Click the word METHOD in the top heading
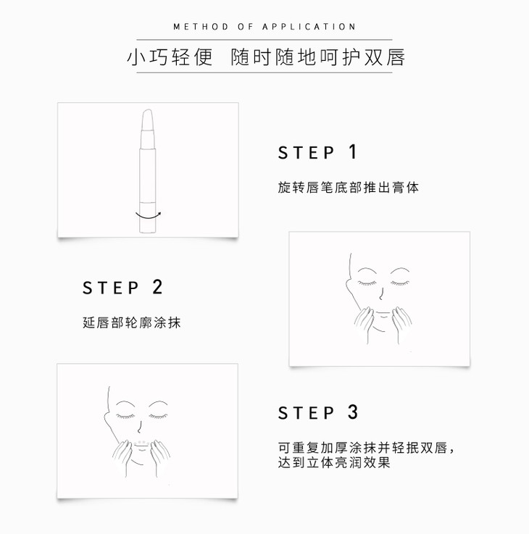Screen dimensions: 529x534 [x=201, y=27]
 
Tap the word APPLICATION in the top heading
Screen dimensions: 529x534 [x=309, y=27]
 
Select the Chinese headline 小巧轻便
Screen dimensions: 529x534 [x=170, y=57]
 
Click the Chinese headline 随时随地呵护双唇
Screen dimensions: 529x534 [x=317, y=57]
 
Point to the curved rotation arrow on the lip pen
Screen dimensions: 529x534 [x=148, y=217]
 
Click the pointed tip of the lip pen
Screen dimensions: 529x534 [x=148, y=109]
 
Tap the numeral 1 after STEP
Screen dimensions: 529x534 [x=353, y=151]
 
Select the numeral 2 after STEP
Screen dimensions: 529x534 [x=157, y=287]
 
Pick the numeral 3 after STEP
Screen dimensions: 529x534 [x=353, y=412]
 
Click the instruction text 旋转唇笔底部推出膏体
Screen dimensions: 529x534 [x=348, y=188]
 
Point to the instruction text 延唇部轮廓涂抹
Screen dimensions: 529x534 [x=131, y=322]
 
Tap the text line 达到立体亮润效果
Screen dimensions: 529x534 [x=334, y=462]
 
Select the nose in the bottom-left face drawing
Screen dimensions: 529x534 [x=139, y=427]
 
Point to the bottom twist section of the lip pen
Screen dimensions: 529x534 [x=148, y=217]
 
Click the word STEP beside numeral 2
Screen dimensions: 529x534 [x=111, y=288]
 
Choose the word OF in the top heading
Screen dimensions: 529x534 [x=245, y=27]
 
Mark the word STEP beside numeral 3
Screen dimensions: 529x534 [x=307, y=413]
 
